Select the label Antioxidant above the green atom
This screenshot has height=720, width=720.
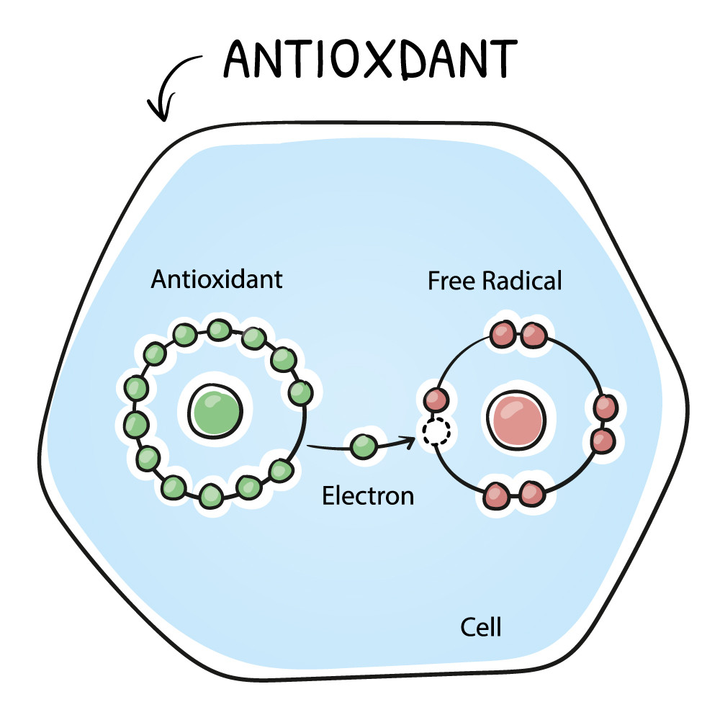pyautogui.click(x=217, y=279)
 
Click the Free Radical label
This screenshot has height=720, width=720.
pyautogui.click(x=494, y=281)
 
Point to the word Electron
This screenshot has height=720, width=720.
pyautogui.click(x=368, y=495)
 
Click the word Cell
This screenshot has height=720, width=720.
pyautogui.click(x=481, y=626)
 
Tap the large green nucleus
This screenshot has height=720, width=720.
pyautogui.click(x=215, y=412)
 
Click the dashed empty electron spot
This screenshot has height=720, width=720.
pyautogui.click(x=435, y=432)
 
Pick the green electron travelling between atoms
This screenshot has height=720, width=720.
pyautogui.click(x=363, y=446)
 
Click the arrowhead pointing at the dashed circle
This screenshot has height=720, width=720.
pyautogui.click(x=412, y=440)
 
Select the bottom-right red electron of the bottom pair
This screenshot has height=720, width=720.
pyautogui.click(x=531, y=494)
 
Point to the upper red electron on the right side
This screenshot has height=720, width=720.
pyautogui.click(x=605, y=408)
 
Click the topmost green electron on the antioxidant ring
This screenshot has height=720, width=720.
pyautogui.click(x=219, y=330)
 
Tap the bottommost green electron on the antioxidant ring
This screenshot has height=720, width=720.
pyautogui.click(x=211, y=495)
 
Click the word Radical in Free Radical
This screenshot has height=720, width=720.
pyautogui.click(x=524, y=281)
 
